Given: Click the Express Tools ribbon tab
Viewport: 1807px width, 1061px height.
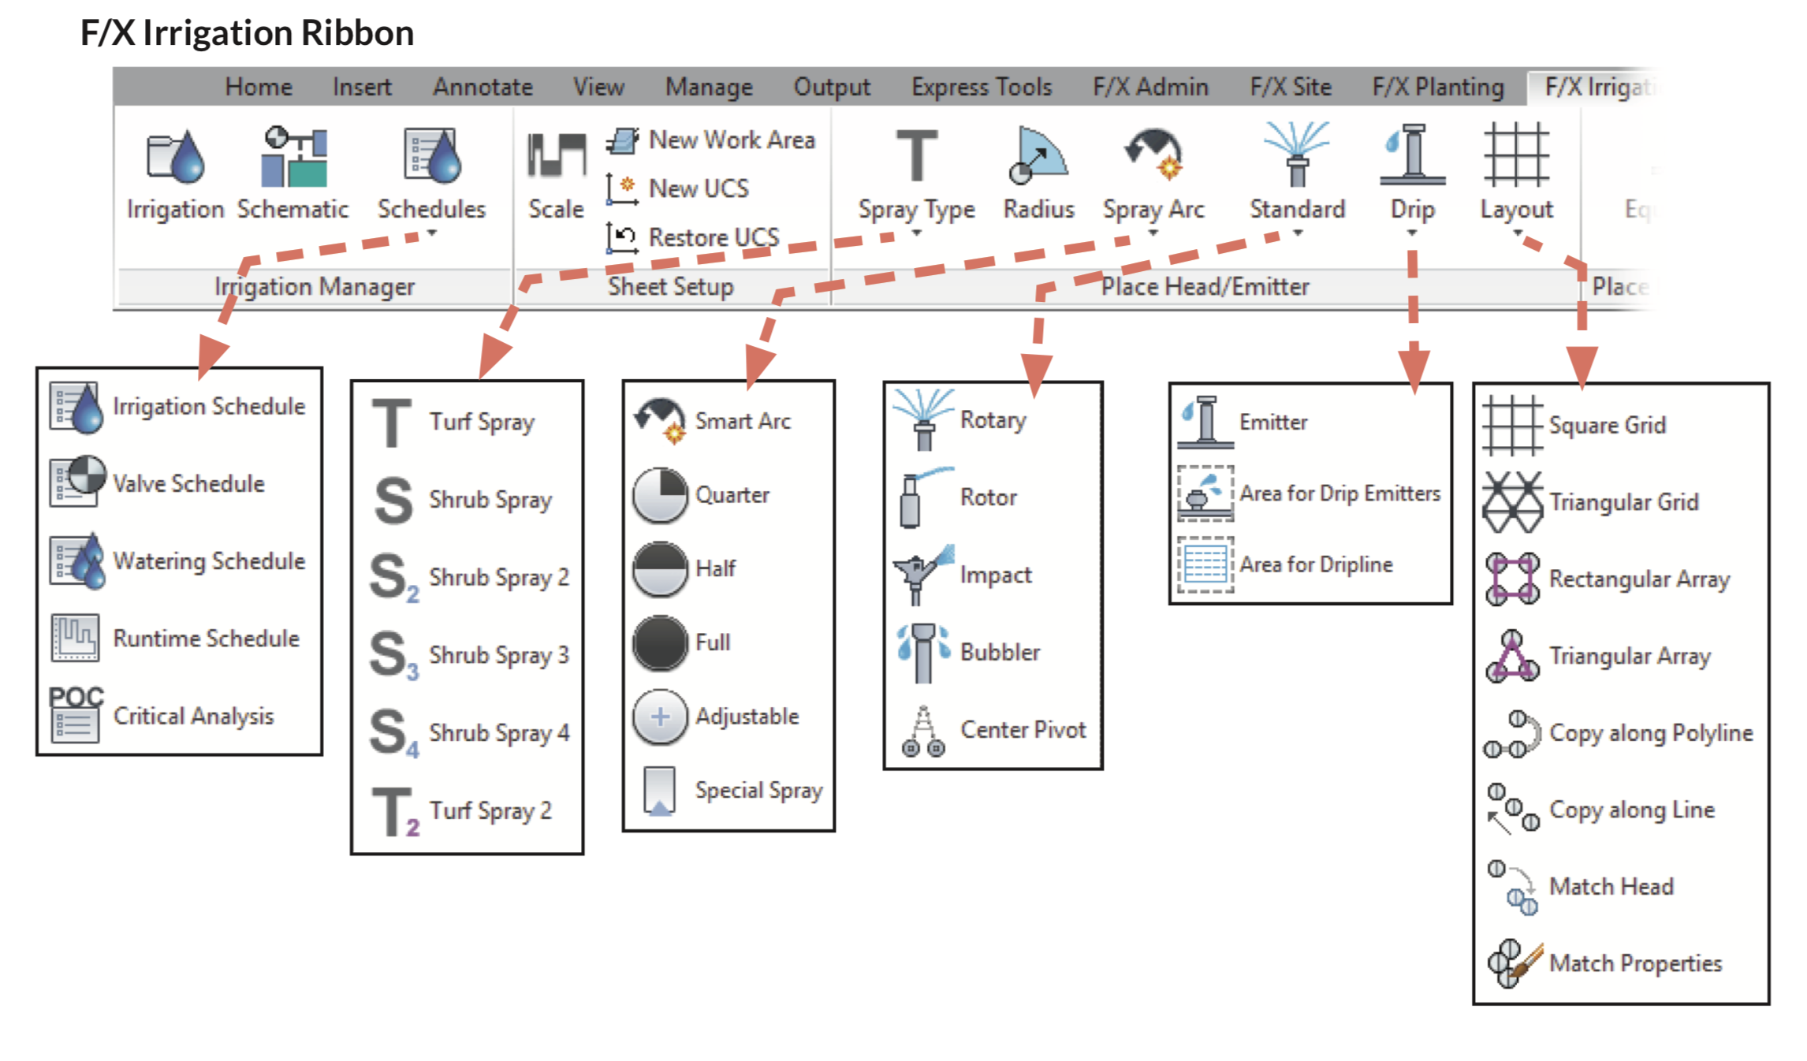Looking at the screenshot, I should tap(981, 87).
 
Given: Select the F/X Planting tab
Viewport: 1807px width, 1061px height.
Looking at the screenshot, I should tap(1437, 87).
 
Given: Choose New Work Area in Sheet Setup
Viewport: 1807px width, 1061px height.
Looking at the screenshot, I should tap(730, 140).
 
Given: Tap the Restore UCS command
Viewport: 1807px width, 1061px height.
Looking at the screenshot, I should tap(712, 237).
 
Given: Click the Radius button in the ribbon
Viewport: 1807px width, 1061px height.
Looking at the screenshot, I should tap(1038, 158).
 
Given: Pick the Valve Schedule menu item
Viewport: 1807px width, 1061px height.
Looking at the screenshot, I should tap(188, 483).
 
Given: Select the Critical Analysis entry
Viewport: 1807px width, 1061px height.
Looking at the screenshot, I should tap(192, 716).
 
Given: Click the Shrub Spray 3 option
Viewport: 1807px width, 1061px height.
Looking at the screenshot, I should tap(497, 655).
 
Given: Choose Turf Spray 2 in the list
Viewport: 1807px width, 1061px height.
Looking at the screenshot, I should tap(490, 810).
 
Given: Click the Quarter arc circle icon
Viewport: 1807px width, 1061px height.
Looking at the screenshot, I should tap(660, 495).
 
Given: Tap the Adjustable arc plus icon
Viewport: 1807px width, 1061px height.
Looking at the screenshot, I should tap(660, 717).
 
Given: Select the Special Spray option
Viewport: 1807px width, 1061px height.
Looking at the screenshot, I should tap(758, 790).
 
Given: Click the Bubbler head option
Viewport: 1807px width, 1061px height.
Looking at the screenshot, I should tap(1000, 652).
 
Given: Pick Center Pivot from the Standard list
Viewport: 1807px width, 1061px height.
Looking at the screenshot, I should tap(1022, 730).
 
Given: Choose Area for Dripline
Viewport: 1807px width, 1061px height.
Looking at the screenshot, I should tap(1315, 564).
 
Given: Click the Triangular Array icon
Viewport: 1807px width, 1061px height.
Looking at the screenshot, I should tap(1511, 656).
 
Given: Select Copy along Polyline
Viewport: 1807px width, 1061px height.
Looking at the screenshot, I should tap(1650, 733).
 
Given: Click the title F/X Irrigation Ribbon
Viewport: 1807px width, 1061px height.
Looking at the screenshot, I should tap(247, 33).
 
